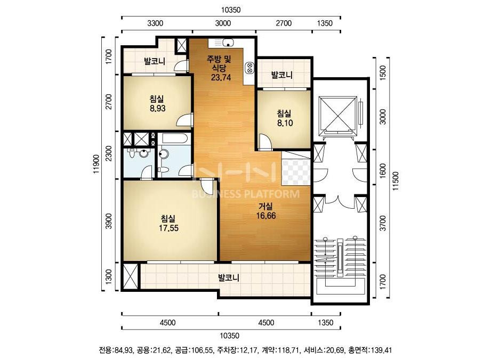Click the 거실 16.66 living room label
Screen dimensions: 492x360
(x=265, y=211)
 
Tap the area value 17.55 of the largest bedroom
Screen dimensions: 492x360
(x=168, y=228)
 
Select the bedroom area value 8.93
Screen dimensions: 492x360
(x=158, y=109)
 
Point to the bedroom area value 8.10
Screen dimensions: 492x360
(x=285, y=123)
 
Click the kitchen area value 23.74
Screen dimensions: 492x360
(x=221, y=77)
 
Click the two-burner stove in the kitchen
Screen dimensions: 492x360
(x=249, y=68)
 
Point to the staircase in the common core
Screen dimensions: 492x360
(x=340, y=263)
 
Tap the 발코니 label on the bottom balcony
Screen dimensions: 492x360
(x=229, y=277)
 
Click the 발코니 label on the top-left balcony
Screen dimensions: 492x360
(x=155, y=61)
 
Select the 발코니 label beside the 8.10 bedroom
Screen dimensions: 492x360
(x=282, y=75)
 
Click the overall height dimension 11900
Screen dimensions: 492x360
(x=96, y=163)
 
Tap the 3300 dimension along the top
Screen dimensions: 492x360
(x=155, y=23)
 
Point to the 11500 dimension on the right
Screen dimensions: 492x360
(x=396, y=181)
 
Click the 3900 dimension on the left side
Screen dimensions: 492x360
(x=109, y=222)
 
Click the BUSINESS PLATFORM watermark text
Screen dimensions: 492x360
(x=245, y=194)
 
